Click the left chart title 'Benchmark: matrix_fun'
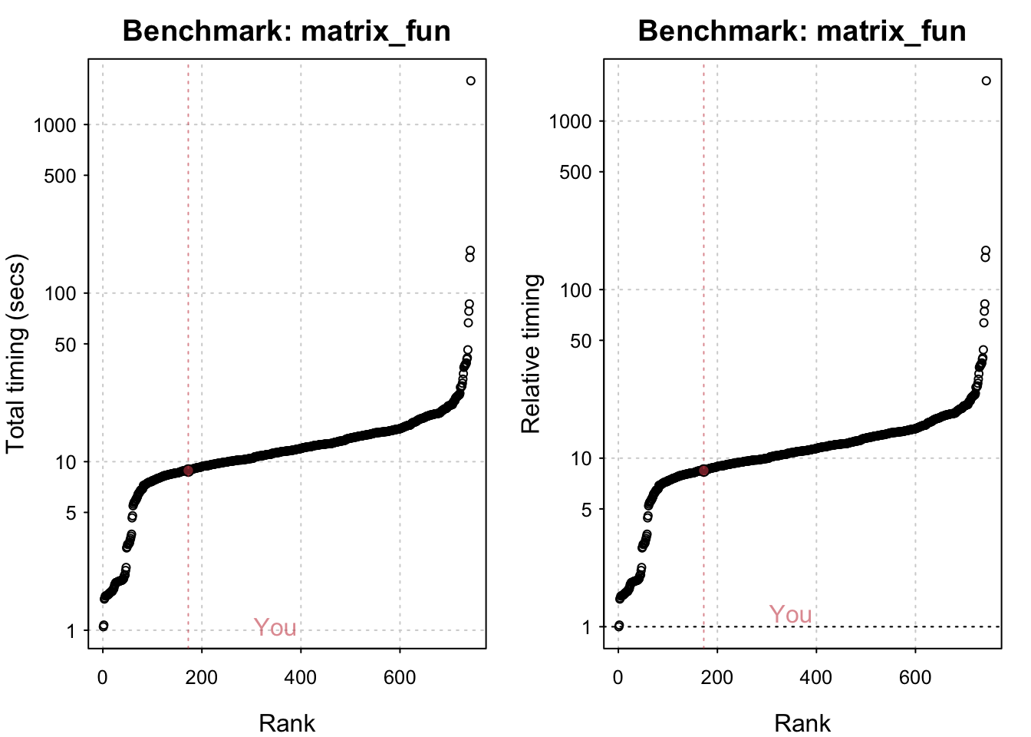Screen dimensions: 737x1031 [286, 31]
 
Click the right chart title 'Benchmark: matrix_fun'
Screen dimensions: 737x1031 [802, 31]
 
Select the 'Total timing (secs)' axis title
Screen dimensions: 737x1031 [16, 353]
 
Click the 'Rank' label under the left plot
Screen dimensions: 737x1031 [287, 722]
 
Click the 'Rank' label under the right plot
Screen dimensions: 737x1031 [802, 722]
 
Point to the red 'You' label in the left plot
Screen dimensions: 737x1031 [275, 628]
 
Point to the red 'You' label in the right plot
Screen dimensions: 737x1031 [790, 615]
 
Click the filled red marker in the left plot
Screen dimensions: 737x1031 [188, 471]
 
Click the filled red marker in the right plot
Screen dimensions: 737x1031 [703, 471]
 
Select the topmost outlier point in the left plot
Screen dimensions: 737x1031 [471, 81]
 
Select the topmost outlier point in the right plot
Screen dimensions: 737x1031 [987, 81]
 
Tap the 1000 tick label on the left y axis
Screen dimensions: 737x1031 [55, 125]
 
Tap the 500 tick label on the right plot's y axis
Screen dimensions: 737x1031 [576, 172]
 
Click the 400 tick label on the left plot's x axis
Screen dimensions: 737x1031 [301, 677]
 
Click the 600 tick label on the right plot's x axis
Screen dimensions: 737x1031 [915, 677]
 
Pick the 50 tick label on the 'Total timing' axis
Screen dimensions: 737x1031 [66, 345]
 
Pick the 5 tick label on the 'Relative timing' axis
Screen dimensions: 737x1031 [587, 510]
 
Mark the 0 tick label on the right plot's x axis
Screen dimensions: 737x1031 [618, 677]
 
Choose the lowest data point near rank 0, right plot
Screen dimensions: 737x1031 [619, 626]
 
